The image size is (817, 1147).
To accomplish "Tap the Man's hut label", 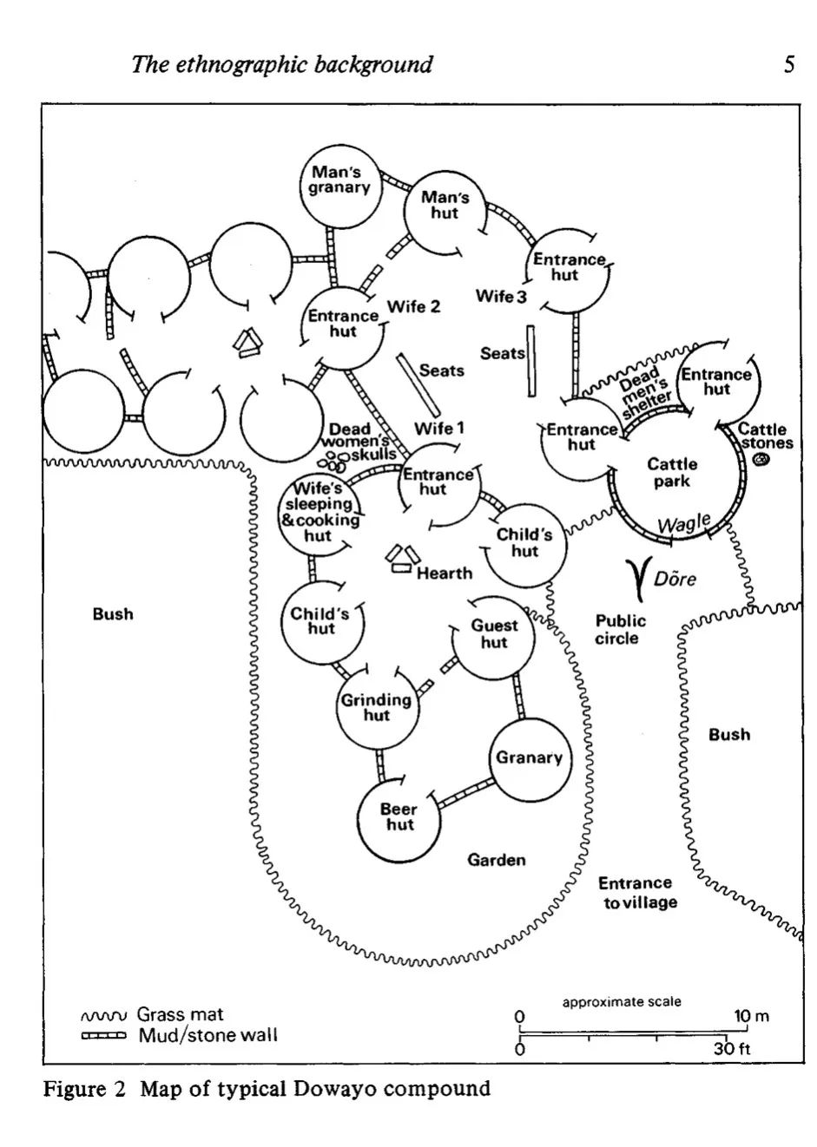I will pyautogui.click(x=445, y=206).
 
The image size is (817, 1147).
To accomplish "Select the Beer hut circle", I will pyautogui.click(x=399, y=816).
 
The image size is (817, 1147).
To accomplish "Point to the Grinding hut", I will pyautogui.click(x=376, y=707).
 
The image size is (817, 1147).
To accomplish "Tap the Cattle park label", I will pyautogui.click(x=672, y=473).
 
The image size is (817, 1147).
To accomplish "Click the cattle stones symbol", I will pyautogui.click(x=761, y=461).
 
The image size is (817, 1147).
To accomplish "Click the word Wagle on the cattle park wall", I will pyautogui.click(x=683, y=524).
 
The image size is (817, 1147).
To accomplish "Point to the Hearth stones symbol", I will pyautogui.click(x=401, y=560).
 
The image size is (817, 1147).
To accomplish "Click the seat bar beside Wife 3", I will pyautogui.click(x=530, y=361).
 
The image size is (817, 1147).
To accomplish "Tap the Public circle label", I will pyautogui.click(x=620, y=630).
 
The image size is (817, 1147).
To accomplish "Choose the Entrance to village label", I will pyautogui.click(x=637, y=893).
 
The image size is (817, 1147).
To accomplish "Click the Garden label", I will pyautogui.click(x=497, y=860).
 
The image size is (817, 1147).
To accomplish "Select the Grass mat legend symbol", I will pyautogui.click(x=103, y=1015).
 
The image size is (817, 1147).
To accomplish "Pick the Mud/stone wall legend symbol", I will pyautogui.click(x=103, y=1035).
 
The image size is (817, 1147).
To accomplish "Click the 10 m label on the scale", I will pyautogui.click(x=752, y=1017).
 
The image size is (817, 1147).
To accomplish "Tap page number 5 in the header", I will pyautogui.click(x=788, y=64).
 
